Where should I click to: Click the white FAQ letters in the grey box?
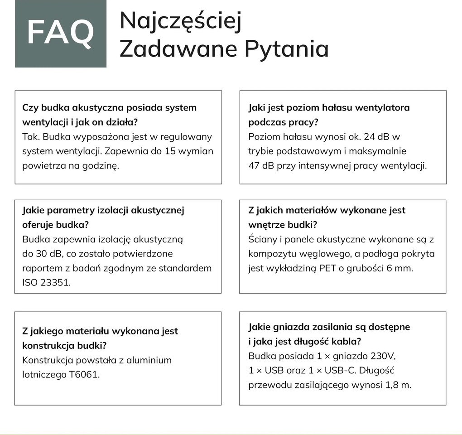[x=60, y=33]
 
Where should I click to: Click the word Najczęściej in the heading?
[x=180, y=21]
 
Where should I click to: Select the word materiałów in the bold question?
[x=311, y=210]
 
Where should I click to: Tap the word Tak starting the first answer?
[x=30, y=136]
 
